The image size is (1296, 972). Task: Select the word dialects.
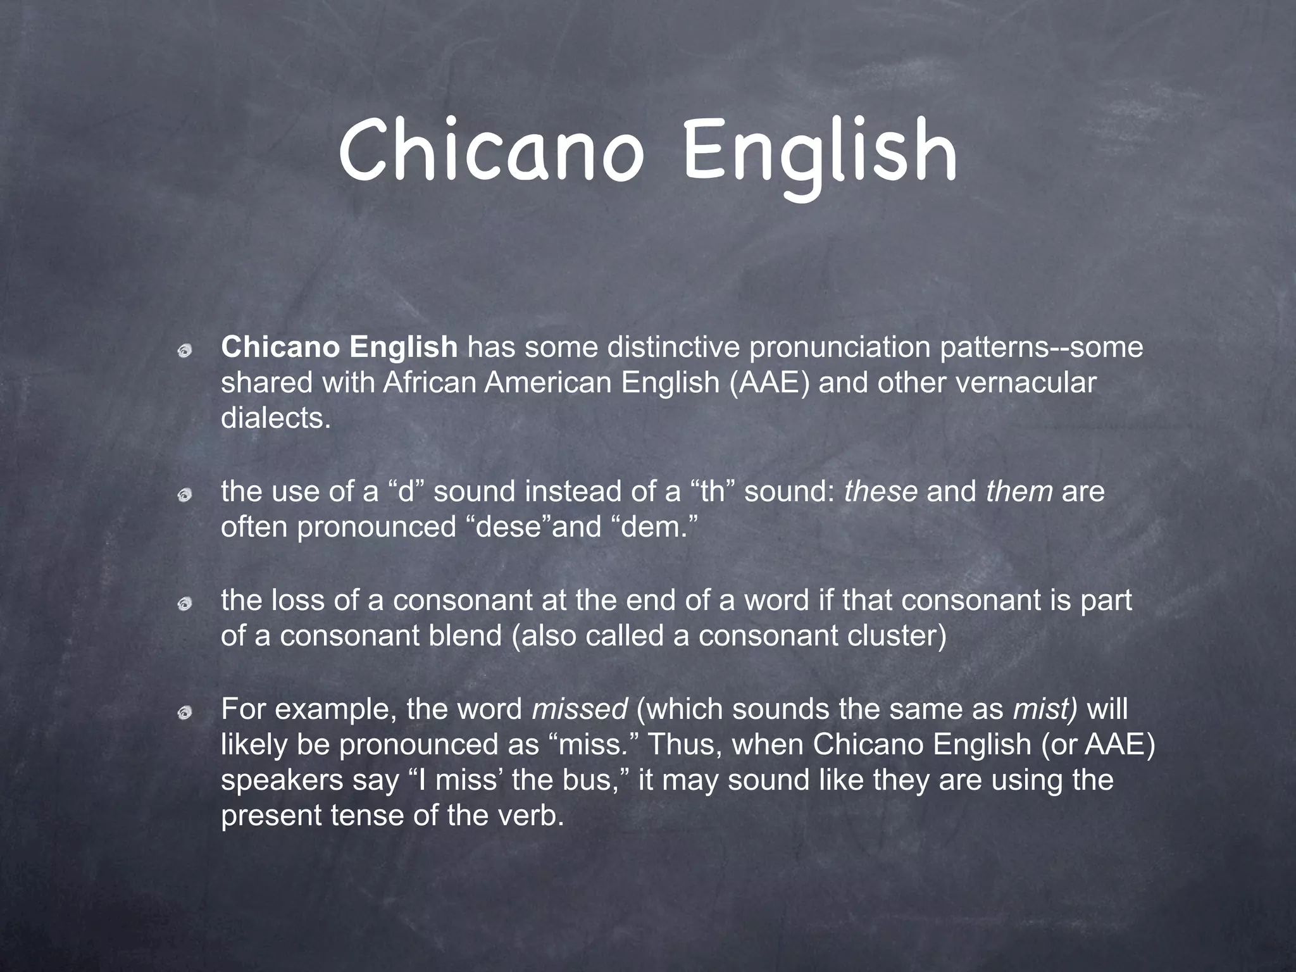275,418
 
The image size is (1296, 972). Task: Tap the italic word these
880,492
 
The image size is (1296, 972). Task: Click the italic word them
1019,492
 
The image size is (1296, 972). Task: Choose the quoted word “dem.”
654,527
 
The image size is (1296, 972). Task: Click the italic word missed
580,709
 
